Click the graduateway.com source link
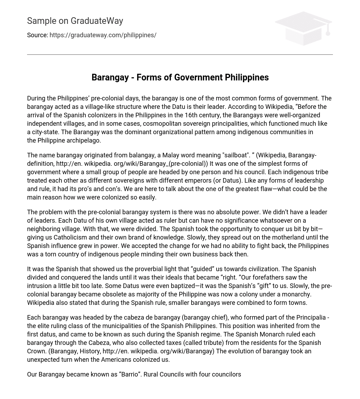103,35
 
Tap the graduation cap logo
304,28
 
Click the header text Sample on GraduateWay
75,21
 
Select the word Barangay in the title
110,77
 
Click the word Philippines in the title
247,77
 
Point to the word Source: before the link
37,35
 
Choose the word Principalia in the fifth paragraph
309,318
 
